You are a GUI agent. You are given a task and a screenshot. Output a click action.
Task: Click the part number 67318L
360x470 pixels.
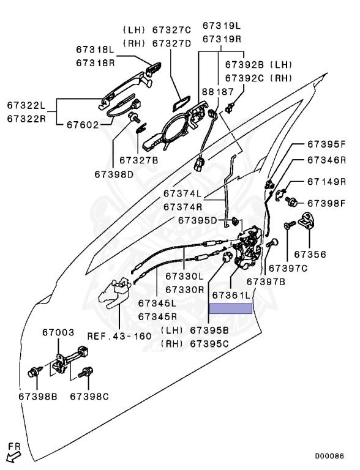point(95,50)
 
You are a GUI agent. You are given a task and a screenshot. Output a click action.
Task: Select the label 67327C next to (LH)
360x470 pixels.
point(171,30)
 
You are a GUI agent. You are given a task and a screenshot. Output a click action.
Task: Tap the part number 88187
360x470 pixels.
point(217,92)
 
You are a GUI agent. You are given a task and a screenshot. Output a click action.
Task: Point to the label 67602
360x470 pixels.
point(83,125)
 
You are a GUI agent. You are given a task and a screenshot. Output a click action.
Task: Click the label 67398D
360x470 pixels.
point(114,174)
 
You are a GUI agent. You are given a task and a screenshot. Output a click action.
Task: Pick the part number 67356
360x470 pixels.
point(310,255)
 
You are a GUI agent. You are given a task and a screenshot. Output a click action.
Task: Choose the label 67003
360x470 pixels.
point(58,332)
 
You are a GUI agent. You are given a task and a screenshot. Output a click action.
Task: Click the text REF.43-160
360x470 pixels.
point(119,336)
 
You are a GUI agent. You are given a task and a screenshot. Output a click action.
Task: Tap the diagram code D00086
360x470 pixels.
point(329,456)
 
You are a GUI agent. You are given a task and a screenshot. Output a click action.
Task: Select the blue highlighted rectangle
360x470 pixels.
point(231,308)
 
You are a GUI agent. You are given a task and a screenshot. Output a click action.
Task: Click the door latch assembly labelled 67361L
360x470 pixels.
point(248,248)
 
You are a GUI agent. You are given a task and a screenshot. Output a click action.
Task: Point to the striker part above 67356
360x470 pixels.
point(309,220)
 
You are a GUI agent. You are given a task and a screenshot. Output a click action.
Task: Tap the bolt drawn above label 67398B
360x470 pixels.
point(32,372)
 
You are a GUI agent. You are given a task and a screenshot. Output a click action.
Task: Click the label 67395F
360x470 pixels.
point(326,144)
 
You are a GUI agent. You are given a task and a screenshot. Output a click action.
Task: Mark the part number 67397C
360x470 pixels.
point(288,268)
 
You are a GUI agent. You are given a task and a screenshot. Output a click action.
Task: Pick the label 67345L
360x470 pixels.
point(157,303)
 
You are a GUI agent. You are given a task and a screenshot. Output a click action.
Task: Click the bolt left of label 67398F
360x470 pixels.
point(291,201)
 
